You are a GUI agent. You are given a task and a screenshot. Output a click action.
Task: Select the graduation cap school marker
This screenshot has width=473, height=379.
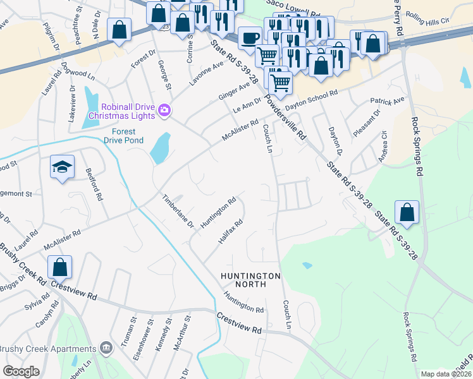[62, 167]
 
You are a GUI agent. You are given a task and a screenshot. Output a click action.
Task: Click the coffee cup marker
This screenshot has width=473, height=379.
[250, 37]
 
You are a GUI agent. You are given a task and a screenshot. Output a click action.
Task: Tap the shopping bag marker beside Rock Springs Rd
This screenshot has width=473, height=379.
[408, 212]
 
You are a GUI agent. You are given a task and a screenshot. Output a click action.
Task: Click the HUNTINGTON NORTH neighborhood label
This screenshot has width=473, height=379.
[250, 280]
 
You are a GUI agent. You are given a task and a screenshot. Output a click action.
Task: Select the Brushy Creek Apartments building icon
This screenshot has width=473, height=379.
[106, 347]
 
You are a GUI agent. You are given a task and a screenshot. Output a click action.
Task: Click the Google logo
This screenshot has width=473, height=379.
[21, 371]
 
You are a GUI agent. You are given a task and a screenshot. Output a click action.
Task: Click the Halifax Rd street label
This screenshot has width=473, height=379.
[231, 232]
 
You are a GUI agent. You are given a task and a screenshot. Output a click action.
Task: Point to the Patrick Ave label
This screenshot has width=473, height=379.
[387, 101]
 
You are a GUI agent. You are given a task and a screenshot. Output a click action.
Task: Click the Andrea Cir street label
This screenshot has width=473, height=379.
[383, 147]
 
